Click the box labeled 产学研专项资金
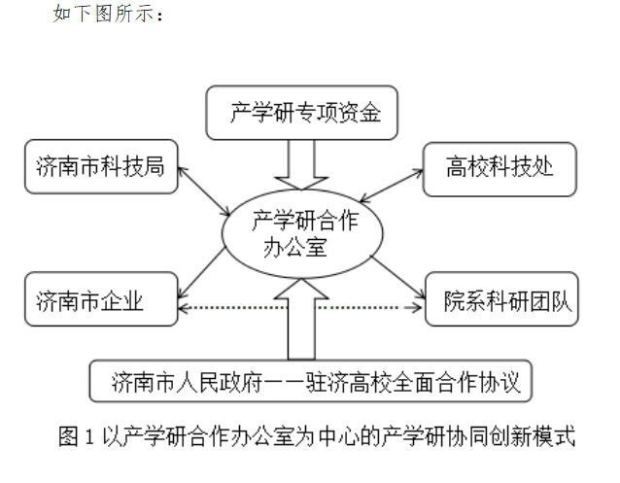coord(301,113)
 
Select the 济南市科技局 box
coord(101,166)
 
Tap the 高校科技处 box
coord(499,169)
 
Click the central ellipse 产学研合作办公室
coord(302,233)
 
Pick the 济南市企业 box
coord(101,299)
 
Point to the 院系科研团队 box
coord(501,299)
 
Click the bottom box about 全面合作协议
coord(311,381)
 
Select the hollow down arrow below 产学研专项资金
coord(301,165)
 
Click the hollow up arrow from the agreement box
coord(301,319)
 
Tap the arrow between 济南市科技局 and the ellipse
coord(204,191)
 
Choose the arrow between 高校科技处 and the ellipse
coord(392,186)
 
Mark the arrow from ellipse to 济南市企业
coord(202,272)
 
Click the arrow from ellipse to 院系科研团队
coord(397,277)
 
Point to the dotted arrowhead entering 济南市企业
coord(183,308)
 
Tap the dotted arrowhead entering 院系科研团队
coord(416,307)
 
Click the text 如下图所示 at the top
coord(104,13)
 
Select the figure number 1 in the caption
coord(89,436)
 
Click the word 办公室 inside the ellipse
coord(295,247)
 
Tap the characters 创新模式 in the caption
coord(532,436)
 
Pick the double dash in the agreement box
coord(283,383)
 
